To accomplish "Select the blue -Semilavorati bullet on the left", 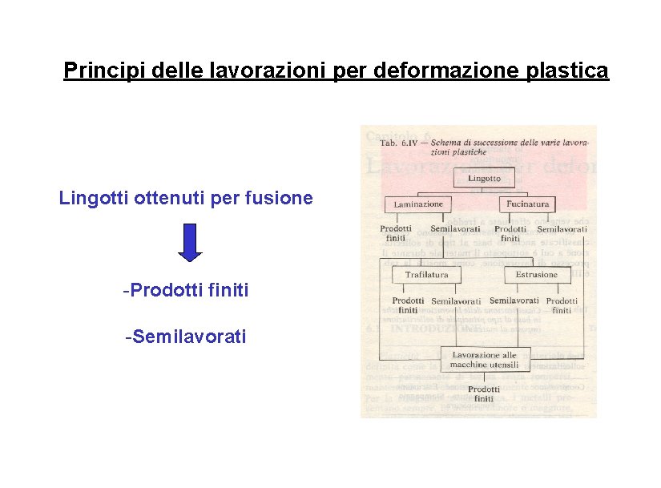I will coord(185,337).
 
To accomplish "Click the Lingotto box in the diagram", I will coord(484,178).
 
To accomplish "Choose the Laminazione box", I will coord(418,204).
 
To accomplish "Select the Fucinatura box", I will coord(528,204).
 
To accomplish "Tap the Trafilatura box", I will coord(426,274).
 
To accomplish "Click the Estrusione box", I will coord(537,274).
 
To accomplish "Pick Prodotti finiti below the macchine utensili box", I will coord(484,393).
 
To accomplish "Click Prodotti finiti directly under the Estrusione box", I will coord(562,305).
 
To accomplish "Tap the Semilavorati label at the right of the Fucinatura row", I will coord(562,229).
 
